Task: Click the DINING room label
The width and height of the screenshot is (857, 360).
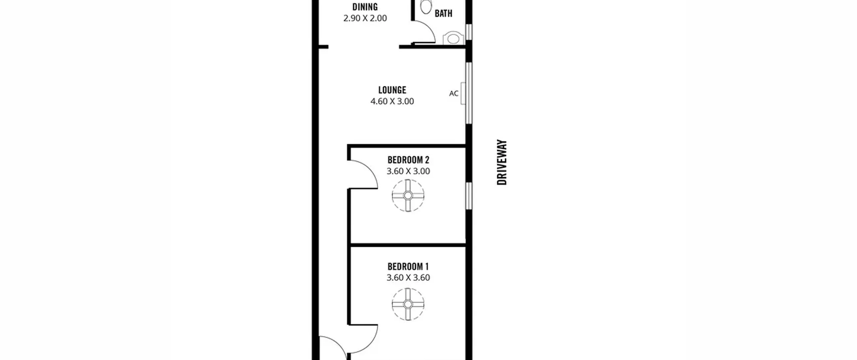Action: click(365, 7)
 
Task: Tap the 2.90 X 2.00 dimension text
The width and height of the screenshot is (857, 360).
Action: click(365, 18)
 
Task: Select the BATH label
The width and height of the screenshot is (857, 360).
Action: click(443, 13)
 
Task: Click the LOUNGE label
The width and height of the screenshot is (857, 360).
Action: click(392, 90)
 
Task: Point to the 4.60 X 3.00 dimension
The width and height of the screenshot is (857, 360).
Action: click(392, 101)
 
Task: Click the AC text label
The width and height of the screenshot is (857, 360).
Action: click(454, 93)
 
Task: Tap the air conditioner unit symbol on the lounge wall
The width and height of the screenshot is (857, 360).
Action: click(463, 93)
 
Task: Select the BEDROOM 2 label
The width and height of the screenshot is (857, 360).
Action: click(408, 160)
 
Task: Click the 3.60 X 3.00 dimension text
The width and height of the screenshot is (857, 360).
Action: click(408, 171)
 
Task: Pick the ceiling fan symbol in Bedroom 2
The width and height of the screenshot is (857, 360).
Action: click(408, 196)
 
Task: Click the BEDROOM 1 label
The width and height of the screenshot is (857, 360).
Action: click(408, 267)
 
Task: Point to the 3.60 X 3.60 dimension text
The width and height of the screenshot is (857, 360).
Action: click(408, 278)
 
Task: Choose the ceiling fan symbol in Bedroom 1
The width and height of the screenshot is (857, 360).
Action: click(408, 304)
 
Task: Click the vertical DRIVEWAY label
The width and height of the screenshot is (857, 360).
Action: click(502, 162)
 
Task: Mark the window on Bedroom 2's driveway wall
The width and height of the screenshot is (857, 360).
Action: click(469, 196)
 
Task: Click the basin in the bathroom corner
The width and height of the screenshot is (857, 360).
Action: click(453, 39)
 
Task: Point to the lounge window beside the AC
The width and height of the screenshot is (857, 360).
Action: click(469, 93)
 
